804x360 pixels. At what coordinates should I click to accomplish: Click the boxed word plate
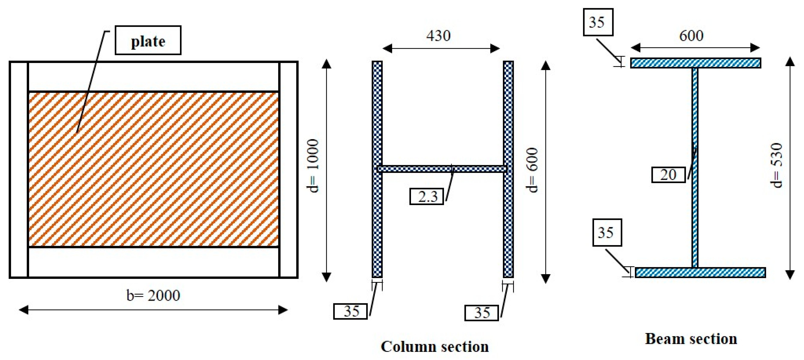(148, 40)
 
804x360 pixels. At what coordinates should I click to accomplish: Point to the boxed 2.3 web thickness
(427, 196)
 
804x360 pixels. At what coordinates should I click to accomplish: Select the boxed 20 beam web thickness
(668, 175)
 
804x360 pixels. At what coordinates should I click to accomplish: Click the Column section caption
(435, 347)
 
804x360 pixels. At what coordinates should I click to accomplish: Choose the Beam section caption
(691, 339)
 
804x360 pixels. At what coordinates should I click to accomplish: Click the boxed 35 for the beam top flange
(598, 22)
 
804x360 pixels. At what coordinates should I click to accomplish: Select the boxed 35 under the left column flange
(350, 311)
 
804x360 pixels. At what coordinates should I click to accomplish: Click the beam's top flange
(695, 63)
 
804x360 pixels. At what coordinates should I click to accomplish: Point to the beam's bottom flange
(700, 272)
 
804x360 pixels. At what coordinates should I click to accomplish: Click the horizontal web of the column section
(443, 169)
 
